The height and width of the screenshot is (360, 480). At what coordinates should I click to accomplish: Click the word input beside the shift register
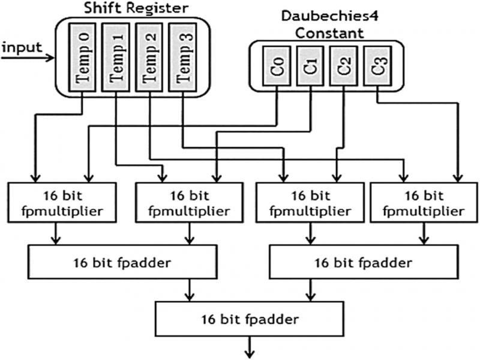click(22, 47)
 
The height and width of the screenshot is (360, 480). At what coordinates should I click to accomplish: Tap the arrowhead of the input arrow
click(52, 59)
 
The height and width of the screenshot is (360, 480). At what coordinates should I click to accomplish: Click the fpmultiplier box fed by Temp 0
click(61, 204)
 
